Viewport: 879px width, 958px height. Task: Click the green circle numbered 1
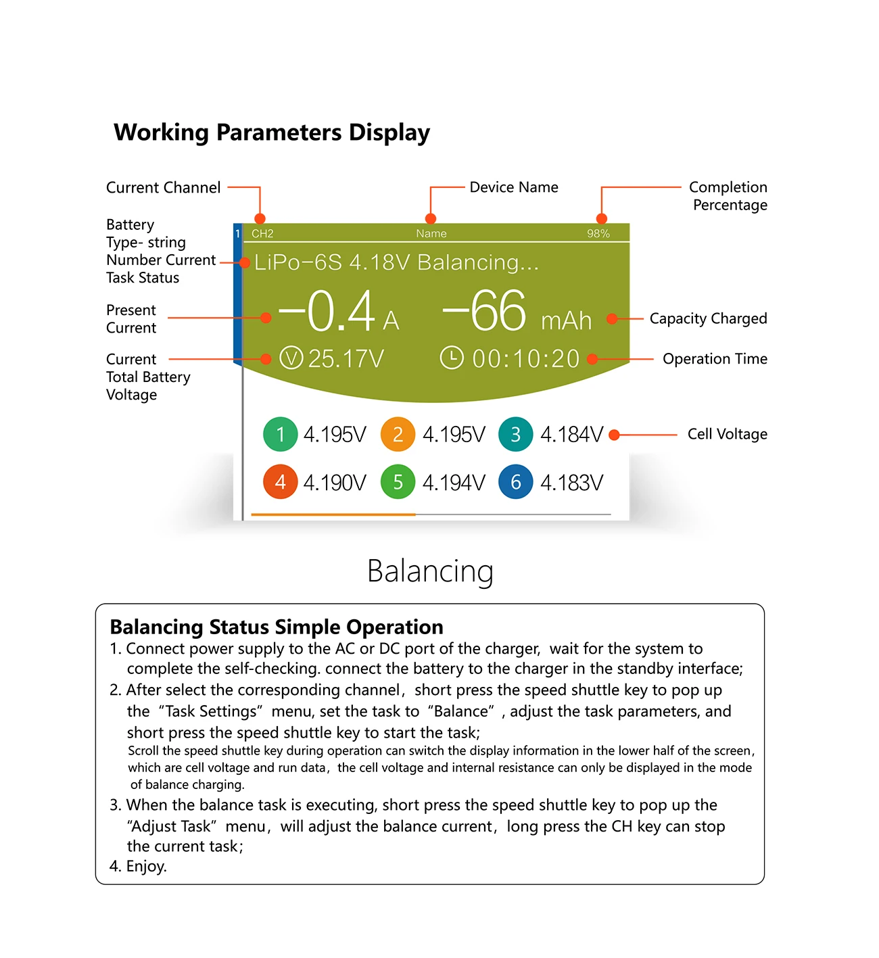pyautogui.click(x=281, y=434)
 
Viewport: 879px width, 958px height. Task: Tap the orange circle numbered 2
pyautogui.click(x=398, y=434)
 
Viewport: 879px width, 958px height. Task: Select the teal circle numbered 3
pyautogui.click(x=515, y=434)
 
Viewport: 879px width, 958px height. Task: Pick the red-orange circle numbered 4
pyautogui.click(x=281, y=482)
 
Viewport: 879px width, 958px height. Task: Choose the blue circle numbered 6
pyautogui.click(x=515, y=482)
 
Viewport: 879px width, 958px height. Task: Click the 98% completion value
pyautogui.click(x=598, y=234)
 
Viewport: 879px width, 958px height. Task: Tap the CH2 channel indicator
pyautogui.click(x=262, y=234)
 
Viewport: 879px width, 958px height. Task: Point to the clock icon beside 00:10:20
pyautogui.click(x=452, y=358)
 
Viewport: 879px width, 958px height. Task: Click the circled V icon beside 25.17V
pyautogui.click(x=291, y=358)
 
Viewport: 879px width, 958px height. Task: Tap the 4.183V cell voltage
pyautogui.click(x=571, y=483)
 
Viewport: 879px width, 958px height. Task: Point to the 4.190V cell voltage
pyautogui.click(x=335, y=483)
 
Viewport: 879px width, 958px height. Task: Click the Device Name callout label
pyautogui.click(x=514, y=187)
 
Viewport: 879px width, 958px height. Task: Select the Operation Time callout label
pyautogui.click(x=715, y=359)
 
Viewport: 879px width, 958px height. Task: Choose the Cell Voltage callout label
pyautogui.click(x=727, y=434)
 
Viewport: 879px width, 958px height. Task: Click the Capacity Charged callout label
pyautogui.click(x=708, y=318)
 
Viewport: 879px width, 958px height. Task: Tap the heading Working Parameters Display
pyautogui.click(x=272, y=133)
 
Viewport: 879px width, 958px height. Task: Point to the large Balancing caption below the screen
pyautogui.click(x=430, y=571)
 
